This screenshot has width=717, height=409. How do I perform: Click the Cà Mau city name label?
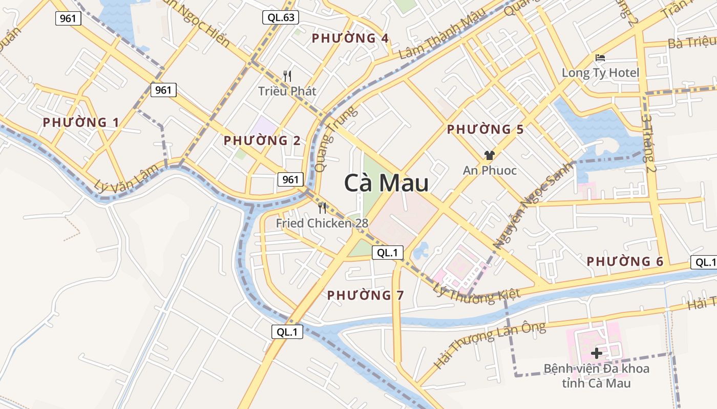point(386,183)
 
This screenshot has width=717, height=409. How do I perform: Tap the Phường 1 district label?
point(81,123)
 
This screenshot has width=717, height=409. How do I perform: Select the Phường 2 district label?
point(262,140)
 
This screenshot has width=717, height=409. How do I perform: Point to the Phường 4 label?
point(350,38)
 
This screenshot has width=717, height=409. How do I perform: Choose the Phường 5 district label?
point(485,130)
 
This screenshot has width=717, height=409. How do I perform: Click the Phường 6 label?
point(625,262)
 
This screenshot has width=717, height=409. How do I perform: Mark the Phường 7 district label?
point(366,295)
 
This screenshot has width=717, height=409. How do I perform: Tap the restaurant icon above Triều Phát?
point(287,76)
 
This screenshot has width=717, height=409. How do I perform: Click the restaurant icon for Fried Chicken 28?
point(322,208)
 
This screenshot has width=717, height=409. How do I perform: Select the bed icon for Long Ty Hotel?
point(600,57)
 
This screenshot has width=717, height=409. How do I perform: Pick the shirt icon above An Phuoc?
point(490,155)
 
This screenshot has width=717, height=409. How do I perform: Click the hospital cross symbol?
point(597,353)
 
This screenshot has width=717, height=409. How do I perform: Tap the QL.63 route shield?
point(281,18)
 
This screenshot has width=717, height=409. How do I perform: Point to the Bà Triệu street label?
point(691,42)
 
